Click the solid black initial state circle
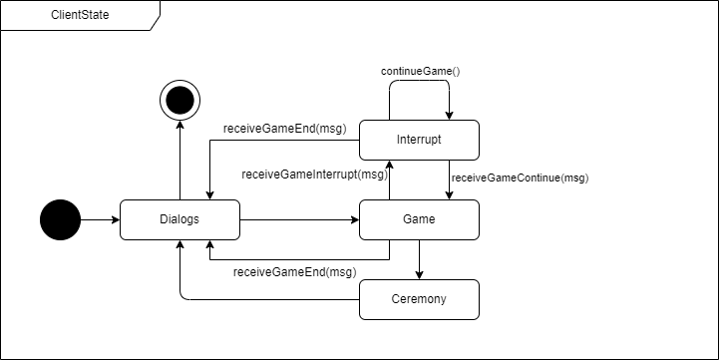click(x=60, y=219)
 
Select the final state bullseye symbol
click(x=180, y=100)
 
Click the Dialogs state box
click(x=180, y=219)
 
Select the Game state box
click(x=419, y=219)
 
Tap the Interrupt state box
click(x=419, y=140)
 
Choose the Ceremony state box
click(x=419, y=299)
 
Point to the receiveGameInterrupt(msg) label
click(x=313, y=175)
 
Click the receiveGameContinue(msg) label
click(x=520, y=179)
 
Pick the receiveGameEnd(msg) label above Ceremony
click(x=294, y=271)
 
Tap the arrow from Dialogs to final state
click(x=180, y=160)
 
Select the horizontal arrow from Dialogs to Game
click(x=299, y=219)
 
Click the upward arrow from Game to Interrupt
click(x=389, y=180)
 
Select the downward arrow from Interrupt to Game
click(x=449, y=180)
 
